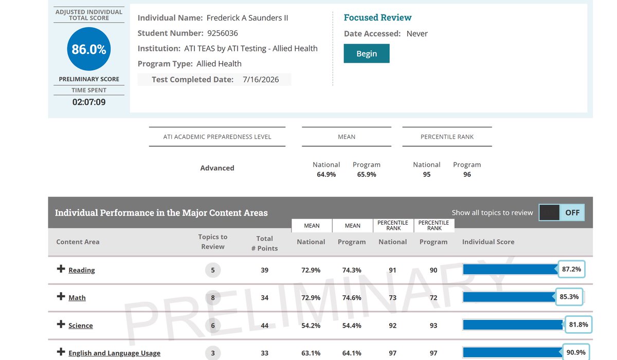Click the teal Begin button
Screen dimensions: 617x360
[366, 53]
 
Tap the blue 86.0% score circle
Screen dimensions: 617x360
[88, 49]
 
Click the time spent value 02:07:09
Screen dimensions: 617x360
[88, 102]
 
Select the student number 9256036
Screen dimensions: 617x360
[223, 33]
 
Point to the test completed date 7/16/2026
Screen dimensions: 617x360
[261, 80]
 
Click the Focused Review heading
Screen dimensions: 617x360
[377, 17]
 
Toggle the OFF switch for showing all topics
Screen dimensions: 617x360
[561, 212]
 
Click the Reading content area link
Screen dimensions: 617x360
[82, 270]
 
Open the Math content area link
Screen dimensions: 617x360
[77, 297]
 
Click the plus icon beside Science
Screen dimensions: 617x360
[61, 324]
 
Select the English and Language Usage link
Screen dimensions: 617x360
[114, 353]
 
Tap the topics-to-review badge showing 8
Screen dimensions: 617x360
[213, 297]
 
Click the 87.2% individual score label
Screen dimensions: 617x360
[572, 269]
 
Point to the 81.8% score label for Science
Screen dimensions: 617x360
[578, 325]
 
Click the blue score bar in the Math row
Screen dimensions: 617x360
[509, 297]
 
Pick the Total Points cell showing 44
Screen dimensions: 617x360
[264, 326]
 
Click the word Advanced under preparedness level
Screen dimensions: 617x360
[217, 168]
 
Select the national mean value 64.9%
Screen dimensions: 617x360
[326, 174]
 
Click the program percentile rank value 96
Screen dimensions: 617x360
[467, 174]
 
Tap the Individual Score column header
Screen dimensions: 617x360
[488, 242]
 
